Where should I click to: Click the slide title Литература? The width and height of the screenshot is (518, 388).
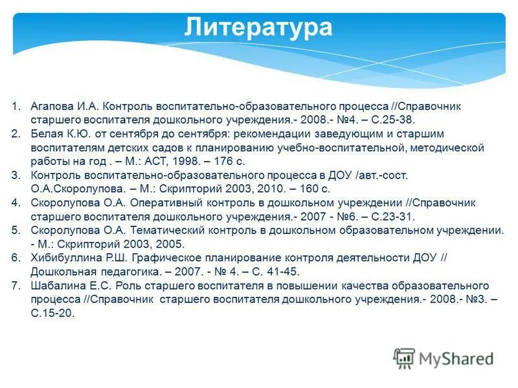[x=258, y=28]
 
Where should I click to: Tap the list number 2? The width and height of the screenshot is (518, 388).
[x=16, y=134]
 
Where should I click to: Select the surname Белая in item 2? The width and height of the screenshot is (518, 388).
[x=46, y=134]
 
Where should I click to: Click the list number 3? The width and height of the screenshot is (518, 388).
[x=16, y=175]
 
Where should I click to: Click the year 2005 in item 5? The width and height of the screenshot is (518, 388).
[x=171, y=244]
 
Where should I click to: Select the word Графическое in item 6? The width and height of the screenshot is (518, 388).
[x=159, y=258]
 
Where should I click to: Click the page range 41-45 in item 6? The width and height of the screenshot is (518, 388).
[x=286, y=272]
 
